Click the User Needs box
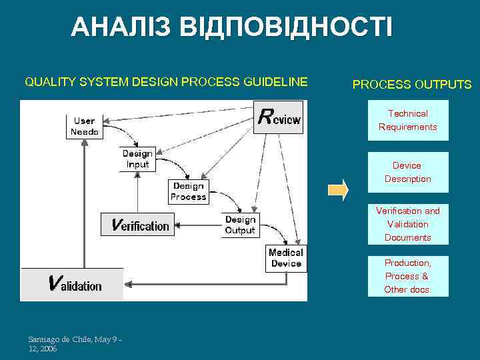coord(85,126)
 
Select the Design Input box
coord(137,159)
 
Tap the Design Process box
coord(188,192)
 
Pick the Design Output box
coord(240,225)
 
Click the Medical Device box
coord(286,258)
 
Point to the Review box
coord(279,118)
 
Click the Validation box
coord(73,284)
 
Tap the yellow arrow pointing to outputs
coord(338,189)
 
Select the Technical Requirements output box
coord(408,121)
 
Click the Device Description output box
coord(407,172)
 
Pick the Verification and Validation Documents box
coord(407,224)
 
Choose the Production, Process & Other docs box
coord(407,276)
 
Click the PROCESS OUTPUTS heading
coord(411,85)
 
